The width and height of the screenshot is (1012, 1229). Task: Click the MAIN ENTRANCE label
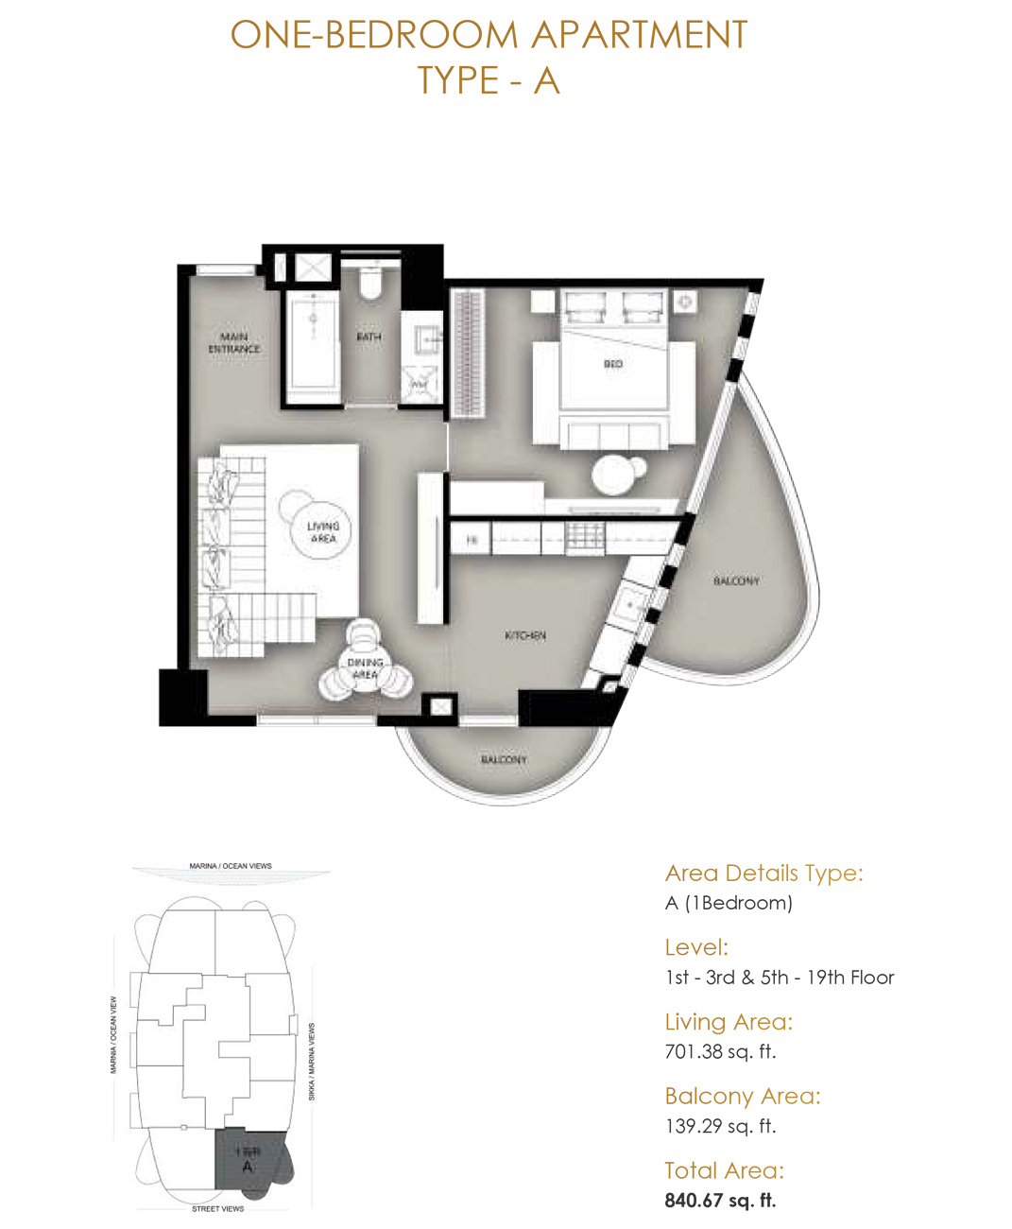(x=233, y=342)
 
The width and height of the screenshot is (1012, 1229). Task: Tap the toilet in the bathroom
(x=370, y=283)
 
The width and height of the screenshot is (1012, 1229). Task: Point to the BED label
(x=613, y=363)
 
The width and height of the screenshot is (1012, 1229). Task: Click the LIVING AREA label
(x=322, y=531)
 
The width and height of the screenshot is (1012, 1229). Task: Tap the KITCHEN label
(x=525, y=635)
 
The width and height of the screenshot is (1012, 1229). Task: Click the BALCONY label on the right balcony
(x=736, y=580)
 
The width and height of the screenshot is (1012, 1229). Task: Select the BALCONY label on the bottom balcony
(x=504, y=759)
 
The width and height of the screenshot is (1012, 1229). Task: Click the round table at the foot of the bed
(x=617, y=474)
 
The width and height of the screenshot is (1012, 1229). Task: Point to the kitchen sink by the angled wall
(x=628, y=603)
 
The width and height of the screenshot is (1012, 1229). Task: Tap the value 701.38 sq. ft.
(x=720, y=1051)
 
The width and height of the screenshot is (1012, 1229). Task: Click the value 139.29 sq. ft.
(x=720, y=1126)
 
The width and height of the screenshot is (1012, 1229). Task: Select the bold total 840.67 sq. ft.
(x=720, y=1201)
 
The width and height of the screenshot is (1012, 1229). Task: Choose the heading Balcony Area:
(x=743, y=1096)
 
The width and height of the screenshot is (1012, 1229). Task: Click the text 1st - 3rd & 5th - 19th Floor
(x=780, y=978)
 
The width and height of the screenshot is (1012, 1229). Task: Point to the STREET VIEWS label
(x=217, y=1208)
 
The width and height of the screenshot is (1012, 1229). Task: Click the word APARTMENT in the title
(x=639, y=35)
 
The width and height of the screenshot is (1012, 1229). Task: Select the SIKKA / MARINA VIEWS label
(x=312, y=1061)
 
